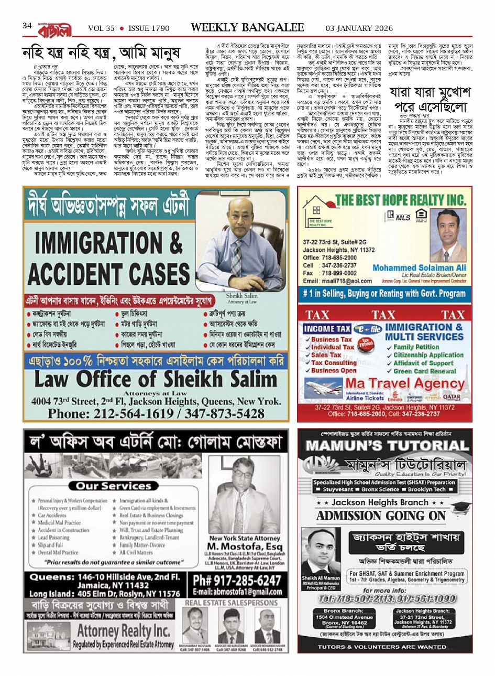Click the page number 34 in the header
(x=27, y=26)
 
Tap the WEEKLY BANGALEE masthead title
(x=247, y=27)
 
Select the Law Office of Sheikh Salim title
(x=156, y=379)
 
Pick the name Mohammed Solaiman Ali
(x=419, y=267)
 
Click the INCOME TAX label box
(x=327, y=328)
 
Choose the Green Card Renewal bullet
(x=424, y=371)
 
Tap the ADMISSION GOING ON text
(x=381, y=516)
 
